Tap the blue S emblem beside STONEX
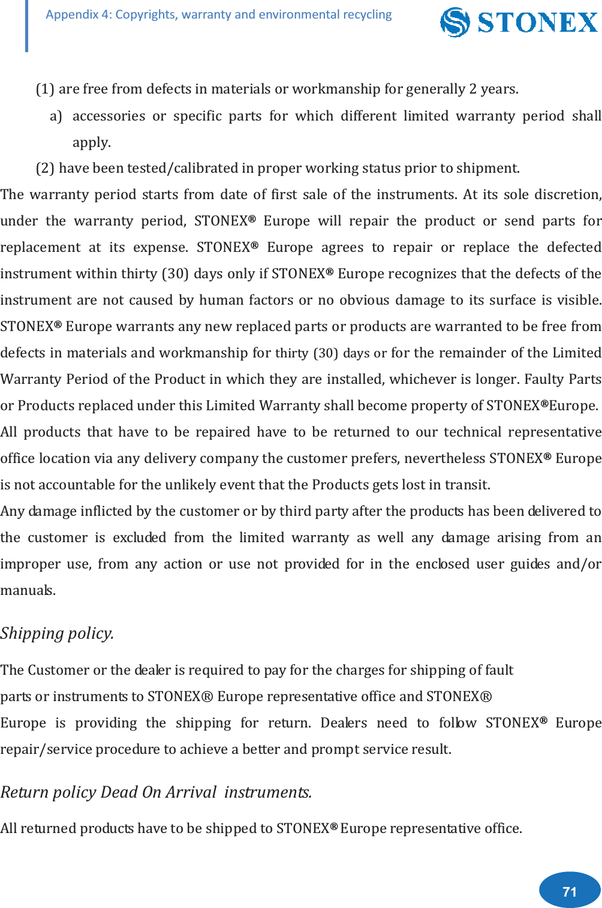pyautogui.click(x=454, y=22)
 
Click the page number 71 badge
pyautogui.click(x=570, y=891)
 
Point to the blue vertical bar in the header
pyautogui.click(x=26, y=26)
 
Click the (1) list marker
pyautogui.click(x=45, y=89)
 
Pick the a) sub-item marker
pyautogui.click(x=56, y=116)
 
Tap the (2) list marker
pyautogui.click(x=45, y=168)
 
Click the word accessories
pyautogui.click(x=109, y=116)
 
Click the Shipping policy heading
pyautogui.click(x=57, y=633)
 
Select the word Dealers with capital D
pyautogui.click(x=344, y=723)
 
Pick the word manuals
pyautogui.click(x=28, y=590)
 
